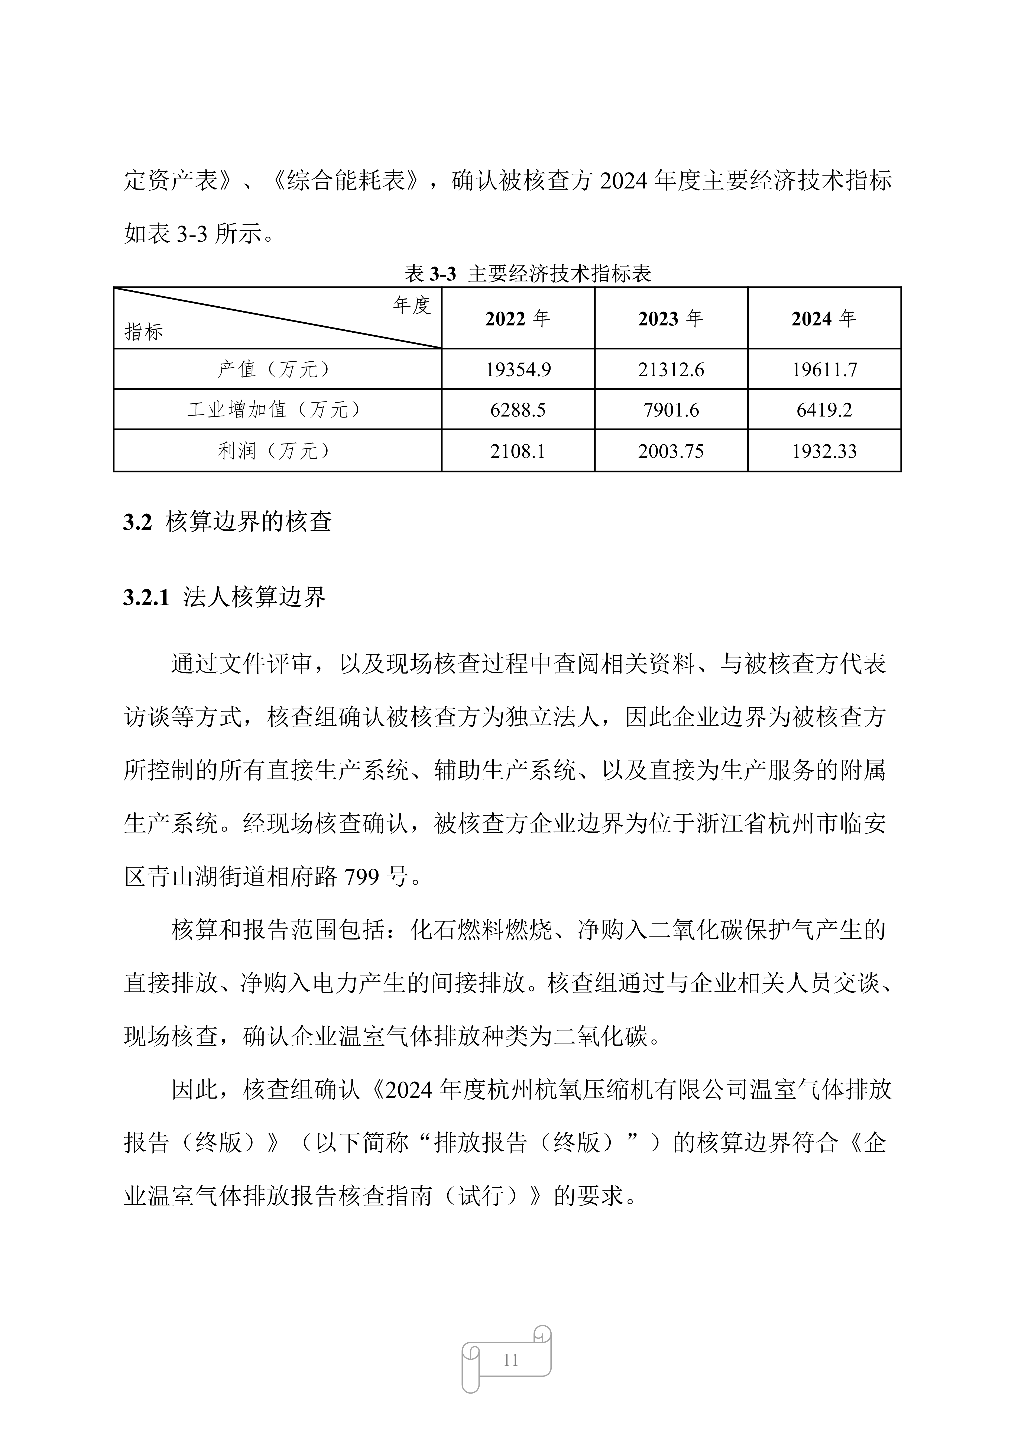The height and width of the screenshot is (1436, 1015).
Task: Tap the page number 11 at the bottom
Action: (510, 1360)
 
